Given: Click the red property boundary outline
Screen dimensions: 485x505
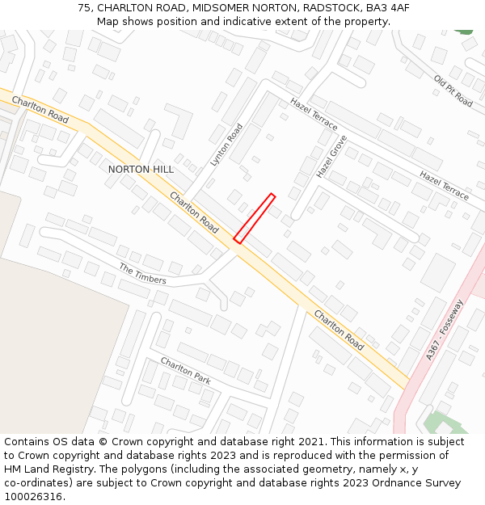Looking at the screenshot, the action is [x=255, y=218].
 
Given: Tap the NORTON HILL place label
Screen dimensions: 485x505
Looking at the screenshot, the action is [x=141, y=169].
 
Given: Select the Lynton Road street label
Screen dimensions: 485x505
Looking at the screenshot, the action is [x=226, y=145].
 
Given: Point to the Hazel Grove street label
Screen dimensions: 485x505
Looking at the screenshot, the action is [x=331, y=157].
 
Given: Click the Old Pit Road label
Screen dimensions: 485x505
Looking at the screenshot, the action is [x=453, y=91].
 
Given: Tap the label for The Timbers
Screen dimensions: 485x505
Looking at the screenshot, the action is [x=142, y=274].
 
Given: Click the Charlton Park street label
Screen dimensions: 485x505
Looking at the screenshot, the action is [x=185, y=370].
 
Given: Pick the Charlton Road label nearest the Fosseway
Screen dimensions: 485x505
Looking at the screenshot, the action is [x=339, y=329].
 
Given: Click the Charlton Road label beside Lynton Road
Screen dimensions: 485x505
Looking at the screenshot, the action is [x=194, y=213].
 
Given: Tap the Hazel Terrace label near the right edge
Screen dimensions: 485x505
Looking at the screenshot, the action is [x=444, y=185].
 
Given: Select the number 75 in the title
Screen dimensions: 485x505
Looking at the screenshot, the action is [x=84, y=7].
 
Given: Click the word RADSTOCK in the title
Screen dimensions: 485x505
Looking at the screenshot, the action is [x=330, y=7].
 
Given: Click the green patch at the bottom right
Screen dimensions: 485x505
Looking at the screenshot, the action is [x=437, y=422].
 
